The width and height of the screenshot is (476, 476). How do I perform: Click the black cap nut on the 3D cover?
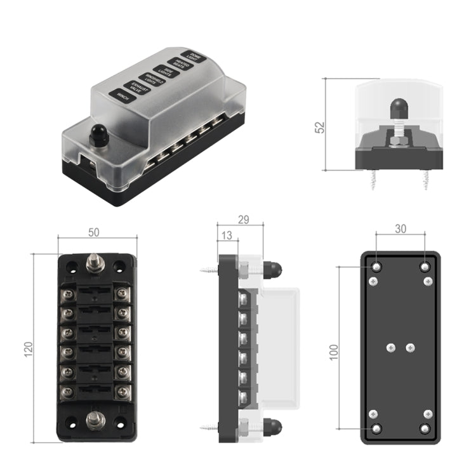point(98,134)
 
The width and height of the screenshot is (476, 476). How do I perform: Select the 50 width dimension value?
point(94,232)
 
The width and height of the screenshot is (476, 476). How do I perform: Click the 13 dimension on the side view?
point(227,235)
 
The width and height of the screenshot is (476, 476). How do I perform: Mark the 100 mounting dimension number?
point(334,351)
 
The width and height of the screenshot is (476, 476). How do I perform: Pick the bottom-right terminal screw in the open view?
point(123,392)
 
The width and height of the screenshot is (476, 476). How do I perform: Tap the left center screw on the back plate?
point(391,348)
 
